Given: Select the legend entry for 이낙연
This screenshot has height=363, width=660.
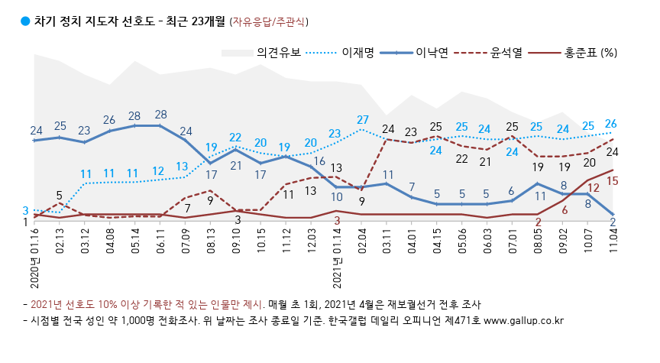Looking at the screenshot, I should (x=432, y=53).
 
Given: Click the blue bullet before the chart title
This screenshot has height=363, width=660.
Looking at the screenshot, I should (x=25, y=21).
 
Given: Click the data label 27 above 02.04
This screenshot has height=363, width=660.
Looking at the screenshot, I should (x=363, y=120).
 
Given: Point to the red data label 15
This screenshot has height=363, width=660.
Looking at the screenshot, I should (x=612, y=181).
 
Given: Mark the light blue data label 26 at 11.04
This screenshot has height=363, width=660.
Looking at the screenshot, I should (x=611, y=124).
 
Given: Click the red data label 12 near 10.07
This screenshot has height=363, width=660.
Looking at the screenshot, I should (x=592, y=187).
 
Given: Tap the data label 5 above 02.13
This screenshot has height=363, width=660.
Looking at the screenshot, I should (x=60, y=195).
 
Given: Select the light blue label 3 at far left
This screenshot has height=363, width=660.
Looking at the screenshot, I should (x=25, y=210).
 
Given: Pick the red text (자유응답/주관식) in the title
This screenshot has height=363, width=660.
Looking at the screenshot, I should (x=270, y=21).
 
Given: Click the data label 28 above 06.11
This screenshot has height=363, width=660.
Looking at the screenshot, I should (x=160, y=115).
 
